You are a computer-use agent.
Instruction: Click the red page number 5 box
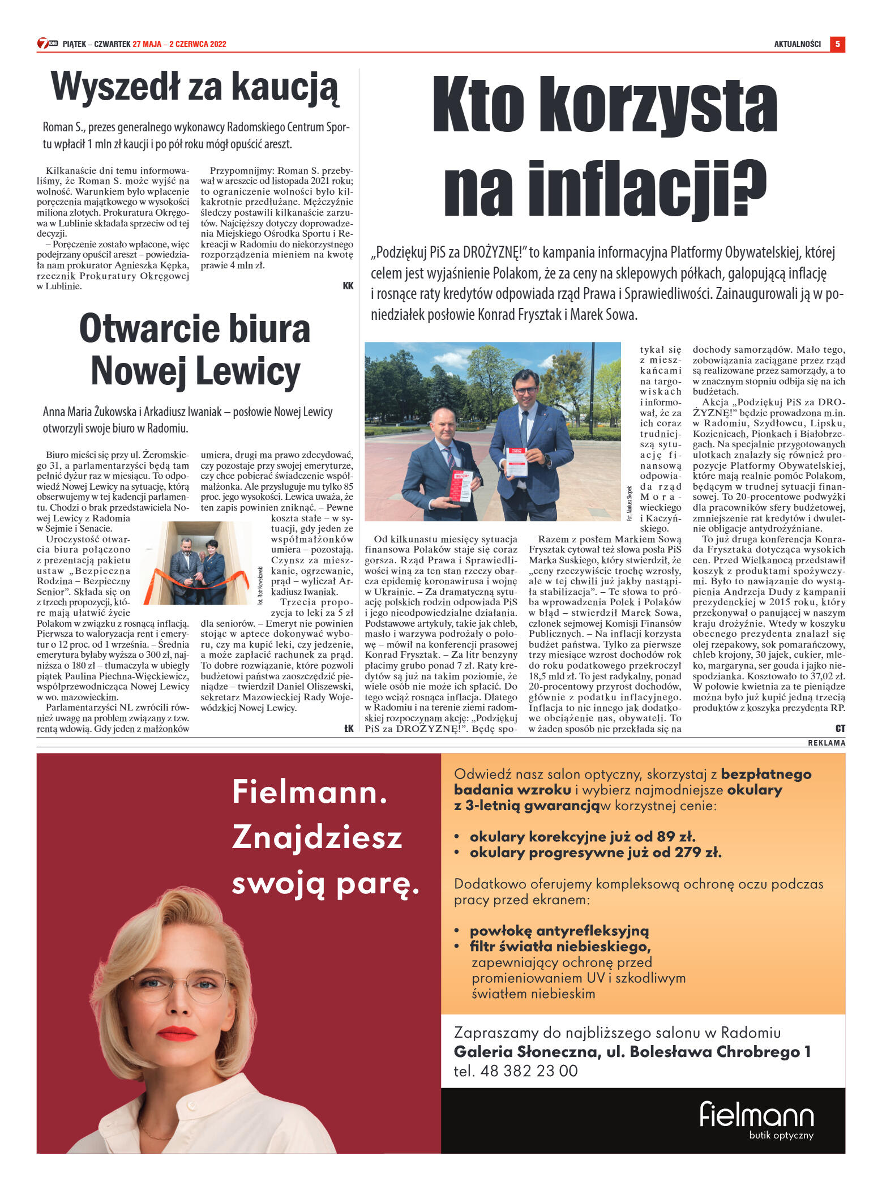[837, 44]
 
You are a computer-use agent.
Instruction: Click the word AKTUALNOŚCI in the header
[797, 44]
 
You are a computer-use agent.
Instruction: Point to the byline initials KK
[348, 286]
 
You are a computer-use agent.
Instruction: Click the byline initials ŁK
[348, 729]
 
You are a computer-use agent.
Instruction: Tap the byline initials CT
[840, 729]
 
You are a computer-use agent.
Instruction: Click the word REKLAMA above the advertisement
[826, 743]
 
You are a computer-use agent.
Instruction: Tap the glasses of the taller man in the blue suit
[526, 391]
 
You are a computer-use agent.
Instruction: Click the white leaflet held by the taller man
[516, 462]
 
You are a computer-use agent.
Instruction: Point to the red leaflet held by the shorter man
[461, 486]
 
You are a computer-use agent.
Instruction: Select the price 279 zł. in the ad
[698, 853]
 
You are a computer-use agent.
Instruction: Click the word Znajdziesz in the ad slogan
[316, 837]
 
